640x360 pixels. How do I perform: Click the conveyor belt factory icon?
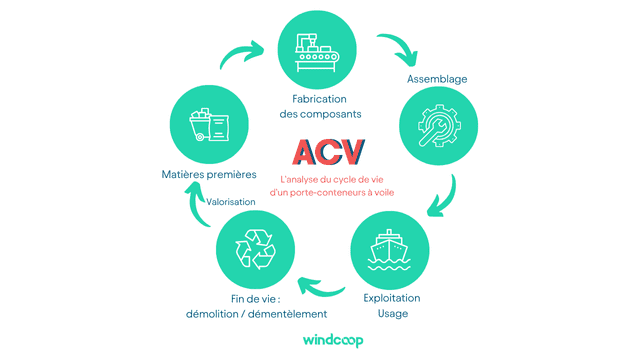320,48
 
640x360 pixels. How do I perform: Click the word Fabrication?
320,99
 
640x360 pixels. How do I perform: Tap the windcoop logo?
319,340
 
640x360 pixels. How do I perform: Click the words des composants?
320,115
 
